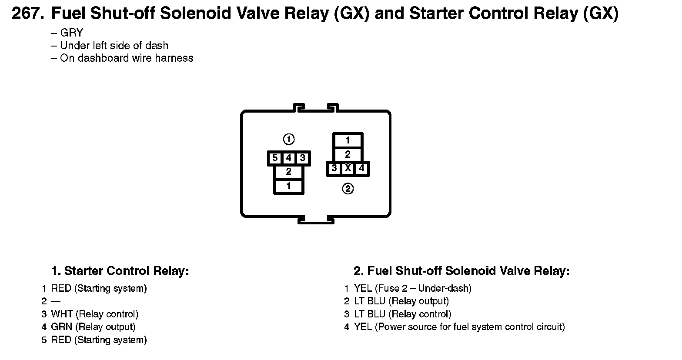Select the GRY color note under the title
(71, 33)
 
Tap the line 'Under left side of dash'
(114, 45)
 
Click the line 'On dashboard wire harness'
(126, 58)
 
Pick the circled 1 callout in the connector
(289, 139)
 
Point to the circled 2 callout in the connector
(348, 189)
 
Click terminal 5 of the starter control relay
(275, 158)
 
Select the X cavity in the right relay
(348, 168)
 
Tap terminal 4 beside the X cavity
(362, 168)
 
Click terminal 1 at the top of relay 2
(348, 140)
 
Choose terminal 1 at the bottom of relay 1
(289, 186)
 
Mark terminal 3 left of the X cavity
(334, 168)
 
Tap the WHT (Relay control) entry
(95, 314)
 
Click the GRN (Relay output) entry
(94, 327)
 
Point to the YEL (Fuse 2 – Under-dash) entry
(413, 288)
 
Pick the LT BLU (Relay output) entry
(401, 301)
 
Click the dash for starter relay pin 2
(56, 301)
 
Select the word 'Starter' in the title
(437, 14)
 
